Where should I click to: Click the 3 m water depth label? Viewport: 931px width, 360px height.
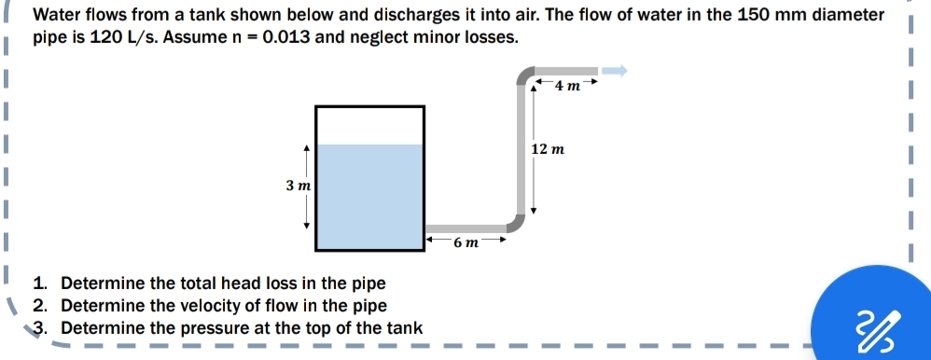pyautogui.click(x=298, y=186)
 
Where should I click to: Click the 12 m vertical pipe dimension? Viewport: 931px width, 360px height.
pyautogui.click(x=547, y=150)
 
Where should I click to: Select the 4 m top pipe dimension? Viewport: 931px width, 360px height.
pyautogui.click(x=566, y=87)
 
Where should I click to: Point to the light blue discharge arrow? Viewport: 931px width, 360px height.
pyautogui.click(x=614, y=71)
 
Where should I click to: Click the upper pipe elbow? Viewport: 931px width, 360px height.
pyautogui.click(x=525, y=76)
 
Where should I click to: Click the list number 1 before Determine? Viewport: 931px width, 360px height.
pyautogui.click(x=40, y=284)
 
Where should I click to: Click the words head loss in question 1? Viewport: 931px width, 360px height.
pyautogui.click(x=259, y=284)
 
